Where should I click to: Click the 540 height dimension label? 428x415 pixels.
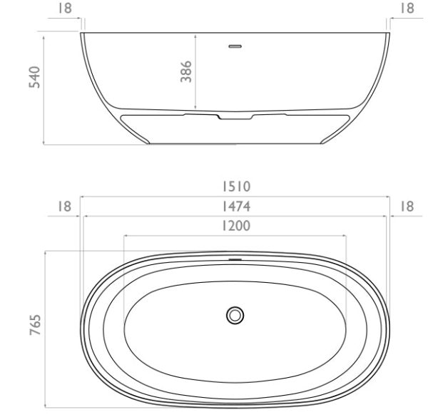point(35,77)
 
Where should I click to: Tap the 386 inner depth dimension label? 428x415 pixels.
point(186,71)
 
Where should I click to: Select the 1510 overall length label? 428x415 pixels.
point(236,186)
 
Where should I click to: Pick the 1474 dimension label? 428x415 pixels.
point(236,206)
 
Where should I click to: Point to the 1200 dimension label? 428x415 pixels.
point(236,226)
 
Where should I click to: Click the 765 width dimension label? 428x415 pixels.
point(35,325)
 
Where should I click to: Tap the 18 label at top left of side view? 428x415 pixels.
point(65,9)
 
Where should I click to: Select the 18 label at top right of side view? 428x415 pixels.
point(407,9)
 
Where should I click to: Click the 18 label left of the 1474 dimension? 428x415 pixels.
point(64,206)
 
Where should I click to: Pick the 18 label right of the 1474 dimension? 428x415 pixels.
point(407,206)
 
